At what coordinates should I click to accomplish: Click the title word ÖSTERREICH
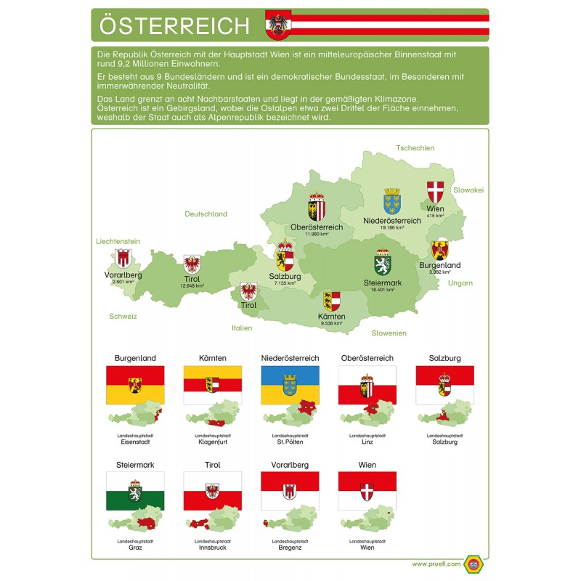point(174,26)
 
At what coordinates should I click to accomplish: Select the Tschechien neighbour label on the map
point(415,148)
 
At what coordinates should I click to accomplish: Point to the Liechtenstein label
point(118,241)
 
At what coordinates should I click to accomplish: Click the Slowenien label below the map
point(389,333)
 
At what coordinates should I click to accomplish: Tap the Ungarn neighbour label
point(460,283)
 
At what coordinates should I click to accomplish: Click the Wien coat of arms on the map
point(435,192)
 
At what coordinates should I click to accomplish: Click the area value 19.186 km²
point(391,228)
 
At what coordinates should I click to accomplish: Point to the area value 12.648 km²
point(192,286)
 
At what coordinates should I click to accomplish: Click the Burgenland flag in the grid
point(135,385)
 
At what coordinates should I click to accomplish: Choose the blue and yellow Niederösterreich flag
point(290,385)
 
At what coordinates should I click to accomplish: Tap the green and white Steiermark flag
point(135,491)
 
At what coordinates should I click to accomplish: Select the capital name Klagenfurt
point(212,442)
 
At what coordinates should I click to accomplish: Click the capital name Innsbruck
point(212,548)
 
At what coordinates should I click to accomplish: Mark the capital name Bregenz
point(290,548)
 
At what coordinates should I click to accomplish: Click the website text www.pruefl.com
point(434,564)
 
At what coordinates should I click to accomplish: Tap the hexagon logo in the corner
point(475,564)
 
